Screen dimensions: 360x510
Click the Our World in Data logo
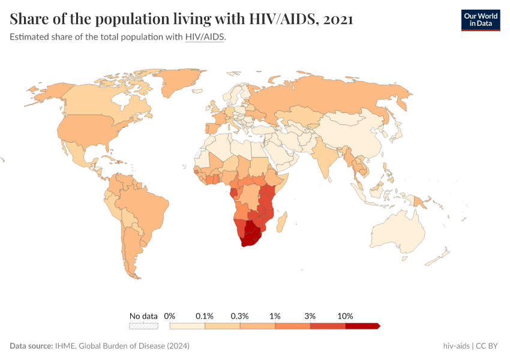click(480, 20)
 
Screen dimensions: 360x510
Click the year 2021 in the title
click(338, 19)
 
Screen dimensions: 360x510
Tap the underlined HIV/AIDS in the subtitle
click(205, 37)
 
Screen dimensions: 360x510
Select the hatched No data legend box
click(143, 326)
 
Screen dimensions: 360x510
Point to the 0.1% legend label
click(205, 316)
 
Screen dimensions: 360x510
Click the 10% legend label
click(346, 316)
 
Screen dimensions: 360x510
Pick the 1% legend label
click(275, 316)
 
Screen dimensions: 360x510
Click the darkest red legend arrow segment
click(362, 326)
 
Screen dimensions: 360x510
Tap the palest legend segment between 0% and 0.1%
click(187, 326)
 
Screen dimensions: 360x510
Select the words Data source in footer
click(31, 346)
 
